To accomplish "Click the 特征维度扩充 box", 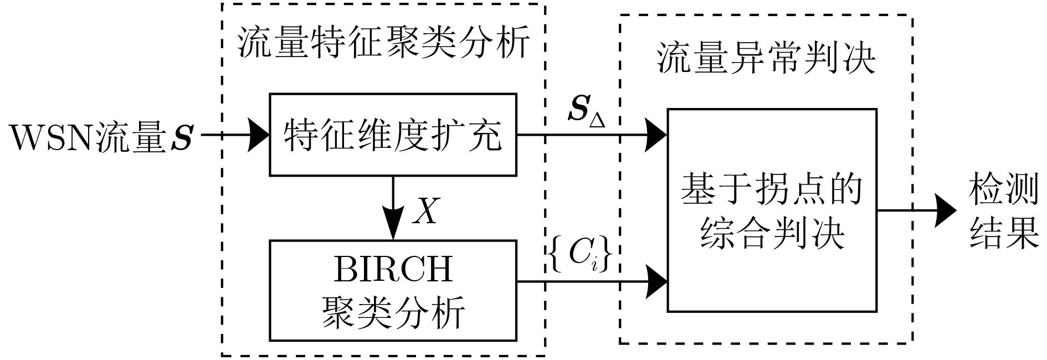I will pos(393,135).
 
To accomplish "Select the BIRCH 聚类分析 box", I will pos(393,290).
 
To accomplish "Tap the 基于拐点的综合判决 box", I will pos(772,210).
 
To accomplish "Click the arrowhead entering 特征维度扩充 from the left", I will pos(258,135).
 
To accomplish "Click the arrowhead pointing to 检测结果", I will pos(945,210).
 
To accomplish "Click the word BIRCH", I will pos(393,269).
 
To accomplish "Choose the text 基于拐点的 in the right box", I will pos(772,189).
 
